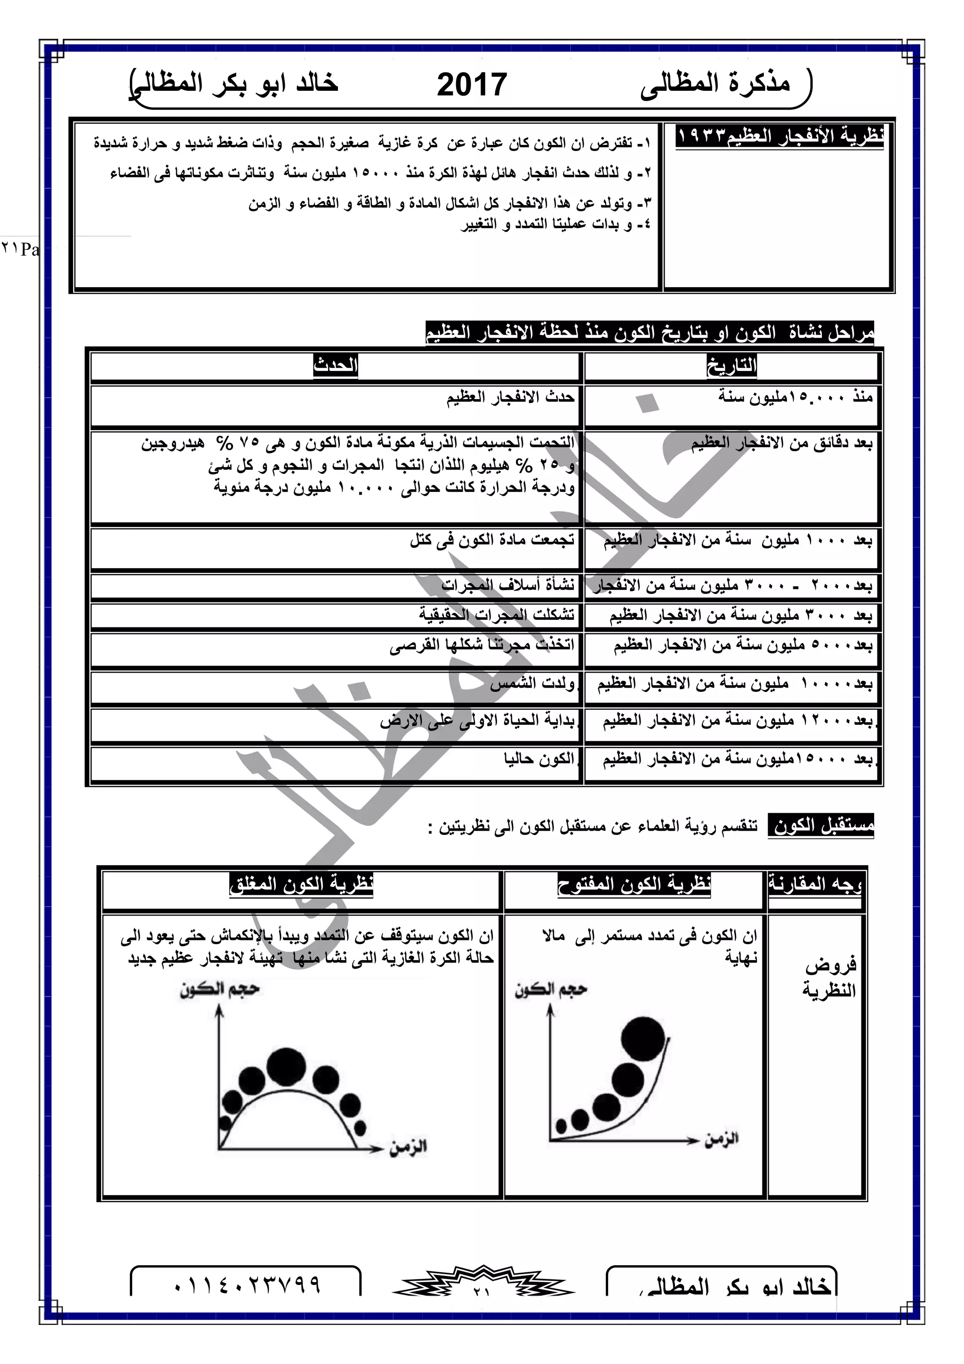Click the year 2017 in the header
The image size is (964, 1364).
[472, 84]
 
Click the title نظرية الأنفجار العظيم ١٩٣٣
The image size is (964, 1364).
[780, 136]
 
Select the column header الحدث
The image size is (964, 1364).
[336, 365]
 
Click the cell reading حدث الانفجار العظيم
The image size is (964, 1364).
[511, 397]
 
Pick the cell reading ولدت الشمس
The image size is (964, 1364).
[532, 684]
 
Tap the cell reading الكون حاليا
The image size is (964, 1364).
[539, 759]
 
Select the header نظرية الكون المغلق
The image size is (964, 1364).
[301, 884]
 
